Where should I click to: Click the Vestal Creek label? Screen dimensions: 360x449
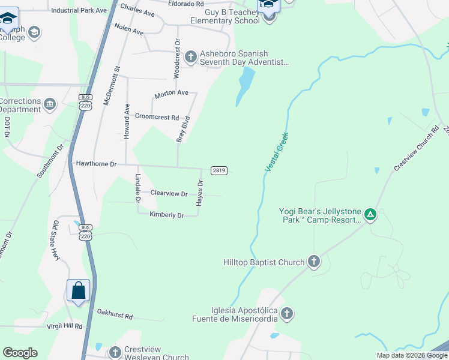pyautogui.click(x=277, y=153)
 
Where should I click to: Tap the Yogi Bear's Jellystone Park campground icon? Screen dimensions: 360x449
pyautogui.click(x=371, y=214)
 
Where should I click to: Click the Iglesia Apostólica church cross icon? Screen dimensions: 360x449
pyautogui.click(x=287, y=313)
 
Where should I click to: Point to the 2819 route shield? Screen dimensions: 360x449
pyautogui.click(x=219, y=170)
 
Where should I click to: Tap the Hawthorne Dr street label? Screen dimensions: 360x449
pyautogui.click(x=96, y=163)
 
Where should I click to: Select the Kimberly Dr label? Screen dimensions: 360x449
pyautogui.click(x=167, y=215)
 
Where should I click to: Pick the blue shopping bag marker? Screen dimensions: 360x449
pyautogui.click(x=79, y=291)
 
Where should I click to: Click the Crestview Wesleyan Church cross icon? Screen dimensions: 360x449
pyautogui.click(x=115, y=352)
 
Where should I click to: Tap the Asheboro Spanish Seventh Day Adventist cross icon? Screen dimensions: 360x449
pyautogui.click(x=191, y=57)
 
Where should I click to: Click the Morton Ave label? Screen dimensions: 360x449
pyautogui.click(x=172, y=94)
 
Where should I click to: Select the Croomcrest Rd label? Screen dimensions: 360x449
pyautogui.click(x=157, y=117)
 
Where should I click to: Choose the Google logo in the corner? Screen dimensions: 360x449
pyautogui.click(x=20, y=353)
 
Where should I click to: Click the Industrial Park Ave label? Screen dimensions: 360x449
pyautogui.click(x=79, y=11)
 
